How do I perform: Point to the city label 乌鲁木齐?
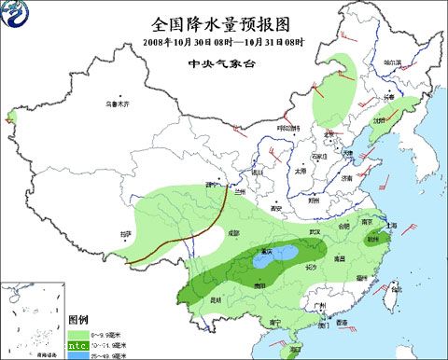click(118, 104)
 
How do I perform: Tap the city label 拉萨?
click(127, 233)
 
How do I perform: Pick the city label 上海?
click(391, 225)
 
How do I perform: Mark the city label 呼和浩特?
click(287, 127)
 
